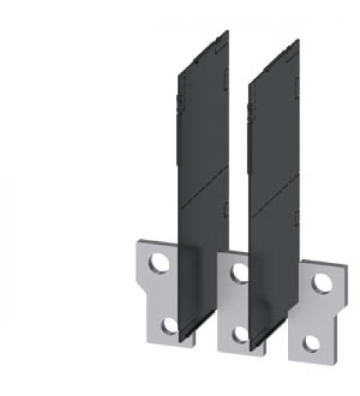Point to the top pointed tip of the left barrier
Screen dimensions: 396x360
point(228,31)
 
